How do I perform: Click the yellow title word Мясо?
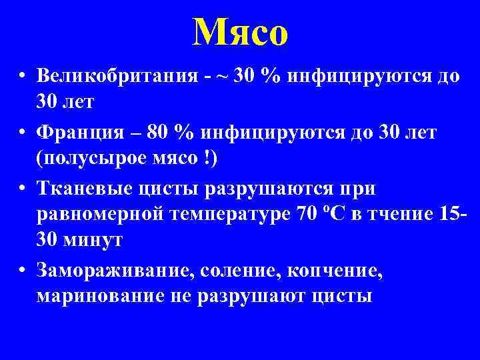240,32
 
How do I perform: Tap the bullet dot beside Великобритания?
23,76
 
